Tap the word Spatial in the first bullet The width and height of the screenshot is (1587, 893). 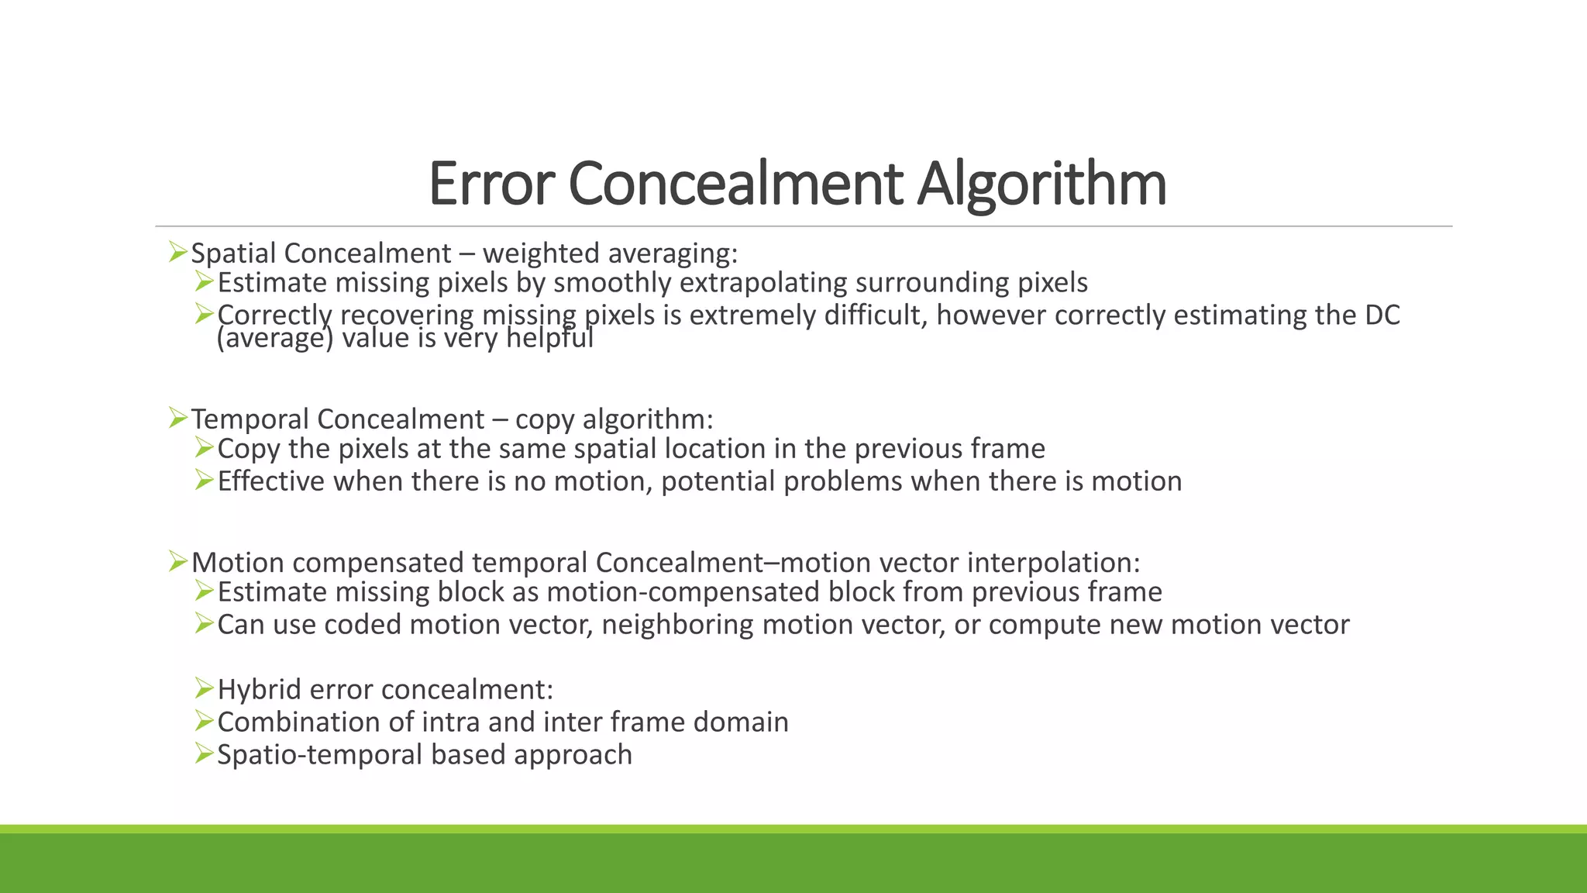point(233,253)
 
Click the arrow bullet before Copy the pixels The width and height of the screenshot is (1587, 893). point(204,447)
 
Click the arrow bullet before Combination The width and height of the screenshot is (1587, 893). point(204,721)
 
